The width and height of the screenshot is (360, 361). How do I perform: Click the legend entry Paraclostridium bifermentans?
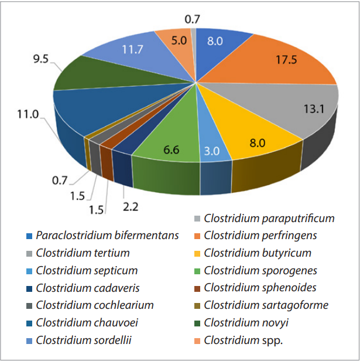pyautogui.click(x=107, y=236)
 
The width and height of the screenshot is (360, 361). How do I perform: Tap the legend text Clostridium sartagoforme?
pyautogui.click(x=266, y=305)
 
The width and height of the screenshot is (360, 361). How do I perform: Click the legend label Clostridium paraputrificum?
pyautogui.click(x=269, y=219)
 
